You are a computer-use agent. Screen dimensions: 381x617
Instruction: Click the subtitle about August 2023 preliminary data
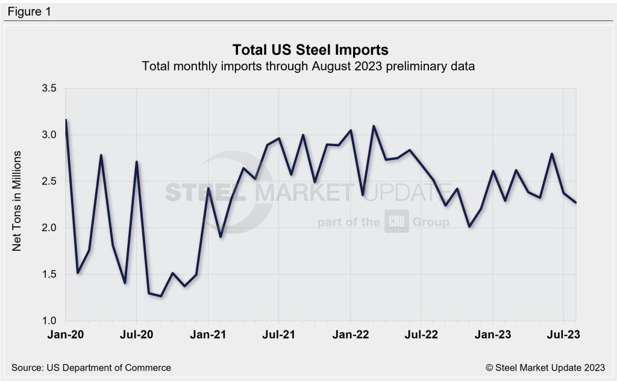(308, 66)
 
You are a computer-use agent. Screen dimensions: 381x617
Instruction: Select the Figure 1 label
(30, 11)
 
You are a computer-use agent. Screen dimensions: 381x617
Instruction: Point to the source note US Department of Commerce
(91, 367)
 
